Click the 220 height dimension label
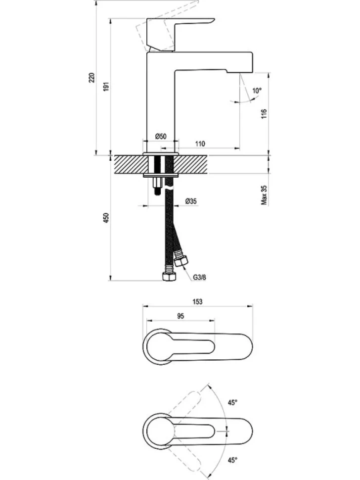(x=92, y=78)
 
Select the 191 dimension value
(x=106, y=86)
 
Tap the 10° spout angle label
(x=257, y=91)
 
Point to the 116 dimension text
(x=264, y=114)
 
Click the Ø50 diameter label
(x=161, y=136)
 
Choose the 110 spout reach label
(x=200, y=144)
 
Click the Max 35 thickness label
(x=264, y=194)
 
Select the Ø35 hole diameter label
(x=191, y=201)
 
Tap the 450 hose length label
(x=106, y=218)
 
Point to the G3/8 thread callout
(x=200, y=277)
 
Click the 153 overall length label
(x=198, y=301)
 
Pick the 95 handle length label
(x=180, y=316)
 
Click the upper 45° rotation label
(x=233, y=402)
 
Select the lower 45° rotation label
(x=233, y=460)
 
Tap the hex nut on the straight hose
(x=169, y=277)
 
